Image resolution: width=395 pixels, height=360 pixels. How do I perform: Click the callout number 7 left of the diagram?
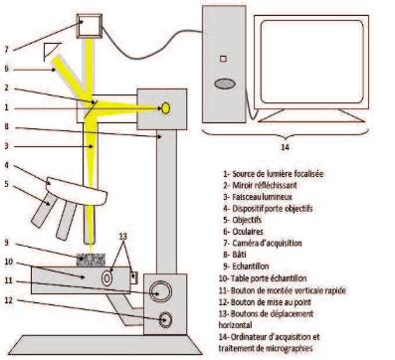[x=7, y=49]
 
